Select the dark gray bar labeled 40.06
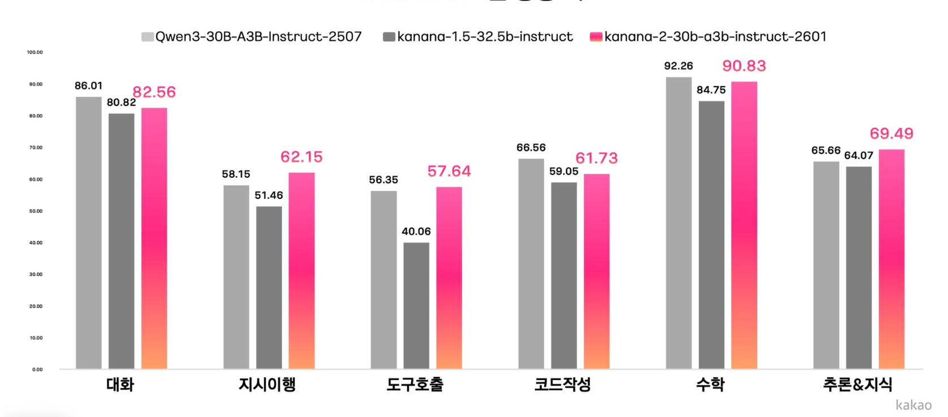point(416,306)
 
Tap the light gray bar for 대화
point(89,233)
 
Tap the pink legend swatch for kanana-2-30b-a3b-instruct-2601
point(596,37)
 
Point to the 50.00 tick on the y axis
point(36,211)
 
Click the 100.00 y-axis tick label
point(35,53)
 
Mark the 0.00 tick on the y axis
point(37,369)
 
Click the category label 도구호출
point(415,385)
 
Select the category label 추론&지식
point(857,385)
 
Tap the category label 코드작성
point(562,385)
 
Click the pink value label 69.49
point(891,134)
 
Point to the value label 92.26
point(678,66)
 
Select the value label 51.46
point(268,195)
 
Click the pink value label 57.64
point(449,171)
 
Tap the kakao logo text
point(913,405)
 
